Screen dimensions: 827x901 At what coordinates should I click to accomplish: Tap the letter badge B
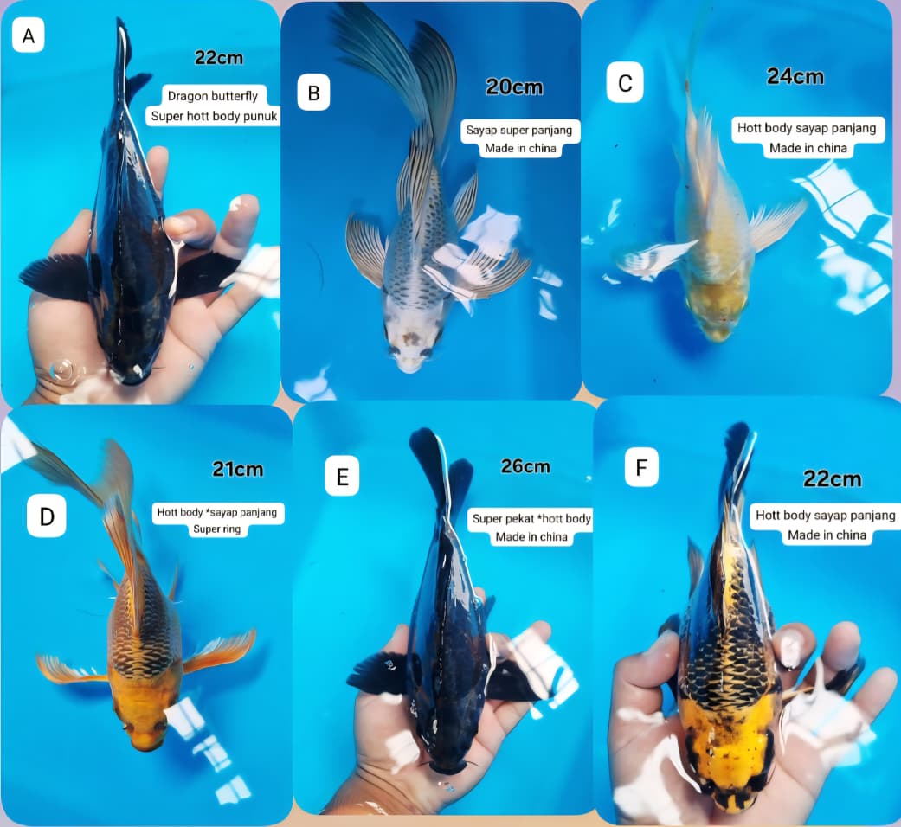313,93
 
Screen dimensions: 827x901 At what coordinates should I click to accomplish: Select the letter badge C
625,83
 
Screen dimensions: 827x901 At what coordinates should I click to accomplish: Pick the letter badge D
47,517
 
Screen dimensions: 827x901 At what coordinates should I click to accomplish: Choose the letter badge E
342,478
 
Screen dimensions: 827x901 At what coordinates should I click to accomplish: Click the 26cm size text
525,466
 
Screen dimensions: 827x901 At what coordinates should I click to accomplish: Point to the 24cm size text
795,76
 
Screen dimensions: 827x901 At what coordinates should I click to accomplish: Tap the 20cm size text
515,87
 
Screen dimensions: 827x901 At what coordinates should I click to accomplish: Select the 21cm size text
238,470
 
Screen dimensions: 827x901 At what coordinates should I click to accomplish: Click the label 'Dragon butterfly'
213,97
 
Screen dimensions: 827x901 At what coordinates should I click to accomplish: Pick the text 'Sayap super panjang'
519,131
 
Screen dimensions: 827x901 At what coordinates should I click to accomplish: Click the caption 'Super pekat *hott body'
531,519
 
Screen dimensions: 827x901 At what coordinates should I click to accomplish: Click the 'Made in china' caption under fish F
827,535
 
